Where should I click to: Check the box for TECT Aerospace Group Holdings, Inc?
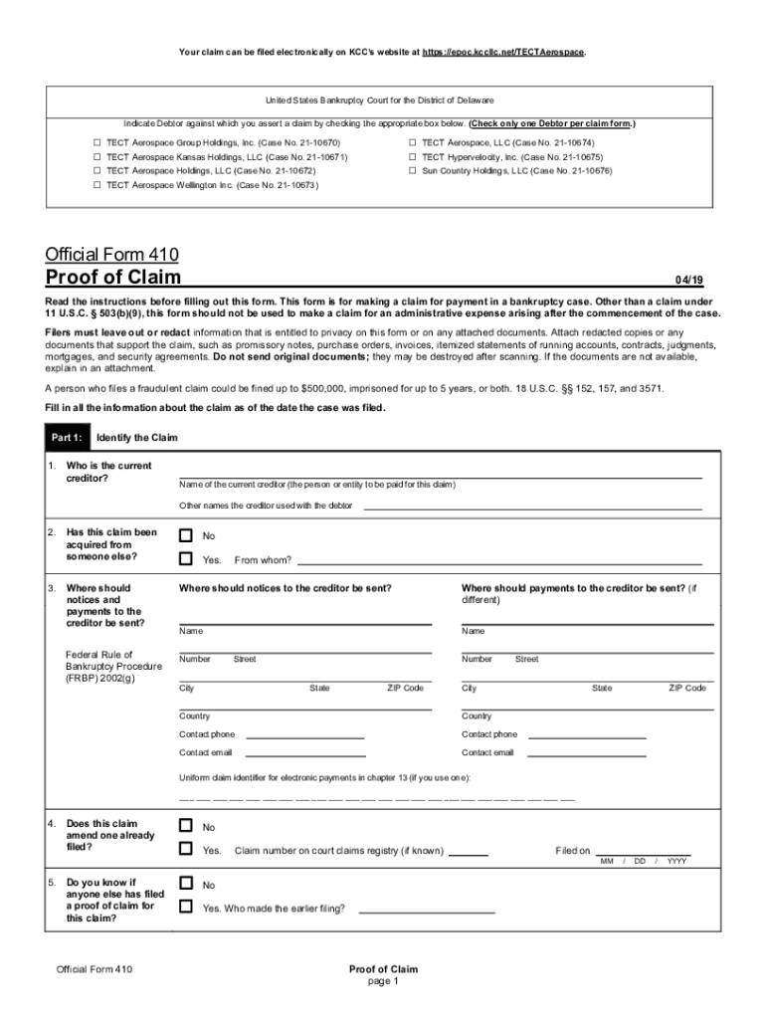point(96,143)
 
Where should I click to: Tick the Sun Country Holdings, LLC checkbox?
point(412,171)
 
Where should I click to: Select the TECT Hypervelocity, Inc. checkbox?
point(412,157)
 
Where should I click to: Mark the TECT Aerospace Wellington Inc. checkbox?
point(96,185)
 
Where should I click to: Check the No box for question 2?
point(186,535)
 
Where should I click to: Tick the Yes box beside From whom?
point(186,559)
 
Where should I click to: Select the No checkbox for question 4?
point(186,826)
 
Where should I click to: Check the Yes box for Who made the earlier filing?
point(186,907)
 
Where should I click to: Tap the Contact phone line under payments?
point(587,737)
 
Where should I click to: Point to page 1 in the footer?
point(383,981)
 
